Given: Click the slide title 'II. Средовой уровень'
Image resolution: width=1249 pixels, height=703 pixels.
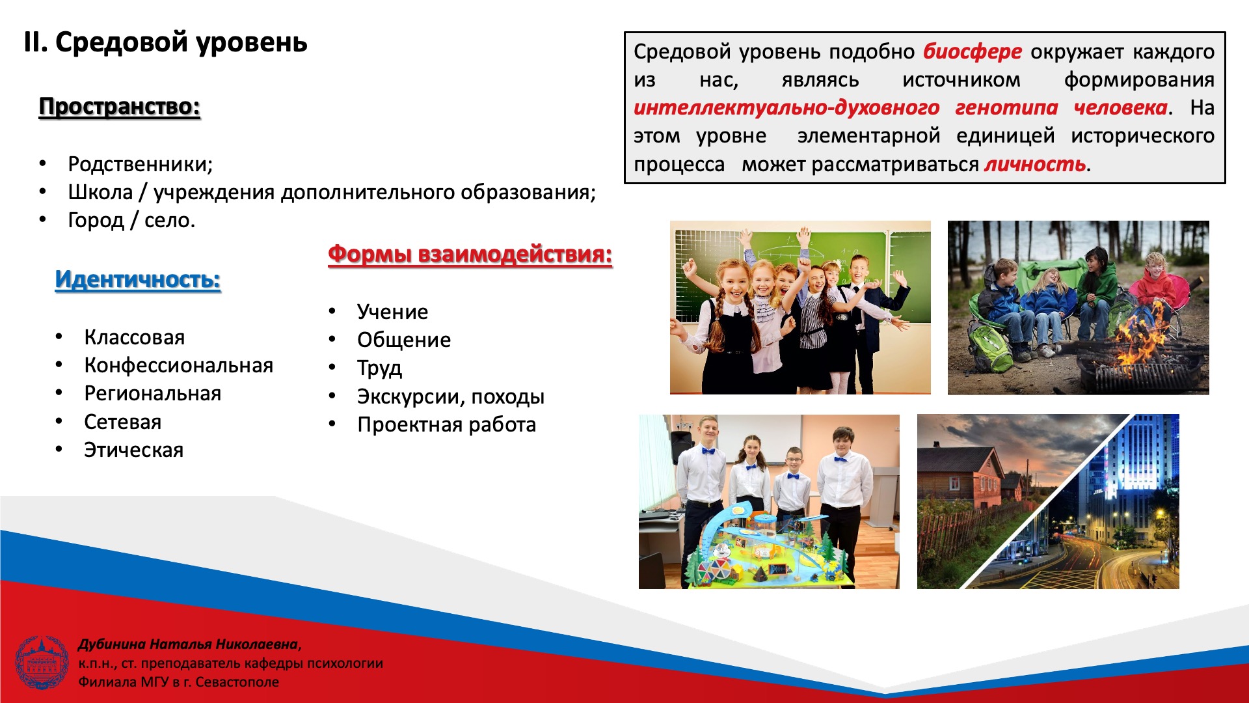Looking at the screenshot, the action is click(165, 43).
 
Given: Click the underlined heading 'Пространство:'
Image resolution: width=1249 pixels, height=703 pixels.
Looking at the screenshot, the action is click(120, 107).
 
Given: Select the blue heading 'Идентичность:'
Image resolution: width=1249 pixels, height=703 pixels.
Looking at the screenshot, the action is click(138, 280).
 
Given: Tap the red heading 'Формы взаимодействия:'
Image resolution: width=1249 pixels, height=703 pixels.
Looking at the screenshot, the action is click(470, 254).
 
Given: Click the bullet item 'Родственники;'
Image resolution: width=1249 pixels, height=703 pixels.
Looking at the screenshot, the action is click(141, 164).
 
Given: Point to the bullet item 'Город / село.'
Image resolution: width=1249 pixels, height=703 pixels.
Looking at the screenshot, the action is click(131, 221).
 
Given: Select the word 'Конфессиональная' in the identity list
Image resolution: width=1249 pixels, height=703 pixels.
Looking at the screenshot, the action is click(179, 366).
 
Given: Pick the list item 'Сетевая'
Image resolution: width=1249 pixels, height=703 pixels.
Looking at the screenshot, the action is click(123, 422).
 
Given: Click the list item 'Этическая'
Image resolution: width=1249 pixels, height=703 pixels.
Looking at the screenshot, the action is click(134, 450).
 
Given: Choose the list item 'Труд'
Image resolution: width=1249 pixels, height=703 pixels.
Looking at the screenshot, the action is click(380, 368).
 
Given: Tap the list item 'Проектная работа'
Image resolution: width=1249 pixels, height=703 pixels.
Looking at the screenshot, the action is click(447, 425).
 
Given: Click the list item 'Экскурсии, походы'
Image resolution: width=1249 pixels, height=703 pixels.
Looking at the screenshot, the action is click(451, 396).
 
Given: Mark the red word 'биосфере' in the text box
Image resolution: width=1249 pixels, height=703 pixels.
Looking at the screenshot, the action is click(973, 52).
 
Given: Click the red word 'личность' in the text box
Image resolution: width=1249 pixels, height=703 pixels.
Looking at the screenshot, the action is click(1035, 165).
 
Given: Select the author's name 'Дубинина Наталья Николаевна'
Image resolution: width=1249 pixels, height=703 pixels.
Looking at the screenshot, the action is click(188, 644).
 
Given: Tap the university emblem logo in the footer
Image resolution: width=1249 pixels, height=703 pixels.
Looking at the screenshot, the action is click(42, 663).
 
